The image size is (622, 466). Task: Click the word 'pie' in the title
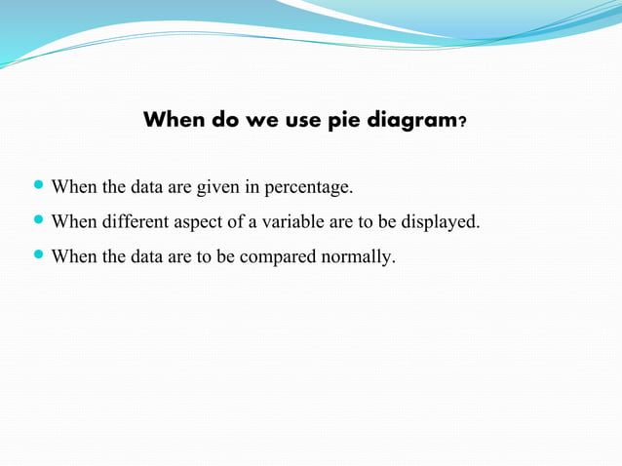(347, 121)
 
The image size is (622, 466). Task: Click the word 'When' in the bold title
(174, 121)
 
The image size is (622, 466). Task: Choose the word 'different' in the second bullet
(136, 221)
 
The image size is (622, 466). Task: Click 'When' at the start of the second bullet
(72, 221)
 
